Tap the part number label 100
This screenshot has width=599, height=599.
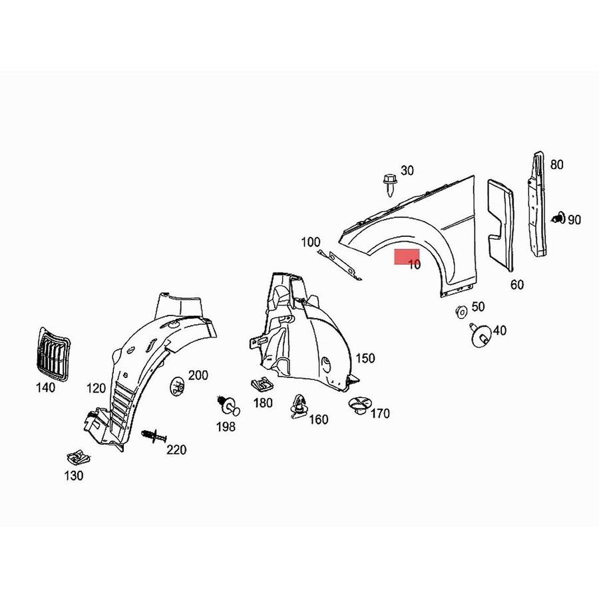(311, 242)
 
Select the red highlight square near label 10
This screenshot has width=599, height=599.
(407, 257)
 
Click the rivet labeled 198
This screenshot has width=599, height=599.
(228, 405)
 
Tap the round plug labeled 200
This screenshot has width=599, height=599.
(177, 387)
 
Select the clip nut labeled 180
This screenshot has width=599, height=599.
(262, 384)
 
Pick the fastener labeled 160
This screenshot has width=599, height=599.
(298, 407)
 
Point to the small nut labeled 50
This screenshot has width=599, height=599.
(461, 311)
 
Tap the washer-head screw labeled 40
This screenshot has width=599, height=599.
(481, 336)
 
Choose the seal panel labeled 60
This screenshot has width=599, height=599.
(501, 226)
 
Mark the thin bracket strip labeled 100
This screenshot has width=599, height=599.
(339, 264)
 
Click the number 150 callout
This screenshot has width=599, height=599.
(365, 358)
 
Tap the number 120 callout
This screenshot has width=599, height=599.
(96, 389)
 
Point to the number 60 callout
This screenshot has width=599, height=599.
(517, 285)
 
